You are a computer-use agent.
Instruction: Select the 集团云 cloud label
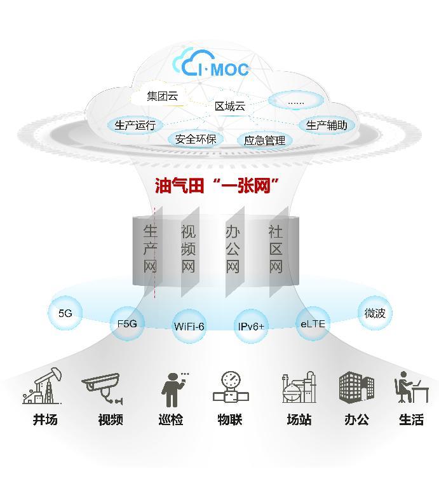(163, 97)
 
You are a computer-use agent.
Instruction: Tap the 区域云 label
(229, 106)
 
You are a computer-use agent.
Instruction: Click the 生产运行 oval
(135, 125)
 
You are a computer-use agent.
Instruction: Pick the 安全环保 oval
(196, 139)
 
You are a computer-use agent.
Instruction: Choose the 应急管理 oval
(264, 140)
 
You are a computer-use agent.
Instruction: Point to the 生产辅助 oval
(327, 125)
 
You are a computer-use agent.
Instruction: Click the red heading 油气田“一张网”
(218, 186)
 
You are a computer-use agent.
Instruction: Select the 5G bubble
(65, 313)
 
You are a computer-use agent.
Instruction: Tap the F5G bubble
(127, 323)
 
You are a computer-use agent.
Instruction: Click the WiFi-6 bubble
(189, 326)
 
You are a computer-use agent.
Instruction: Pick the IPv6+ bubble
(252, 326)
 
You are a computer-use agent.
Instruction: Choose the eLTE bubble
(313, 323)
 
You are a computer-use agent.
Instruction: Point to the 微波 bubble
(375, 313)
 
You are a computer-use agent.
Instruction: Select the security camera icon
(102, 387)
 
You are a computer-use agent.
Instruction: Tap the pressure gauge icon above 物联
(231, 388)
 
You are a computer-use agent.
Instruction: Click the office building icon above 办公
(356, 387)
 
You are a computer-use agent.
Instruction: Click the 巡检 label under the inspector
(171, 420)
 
